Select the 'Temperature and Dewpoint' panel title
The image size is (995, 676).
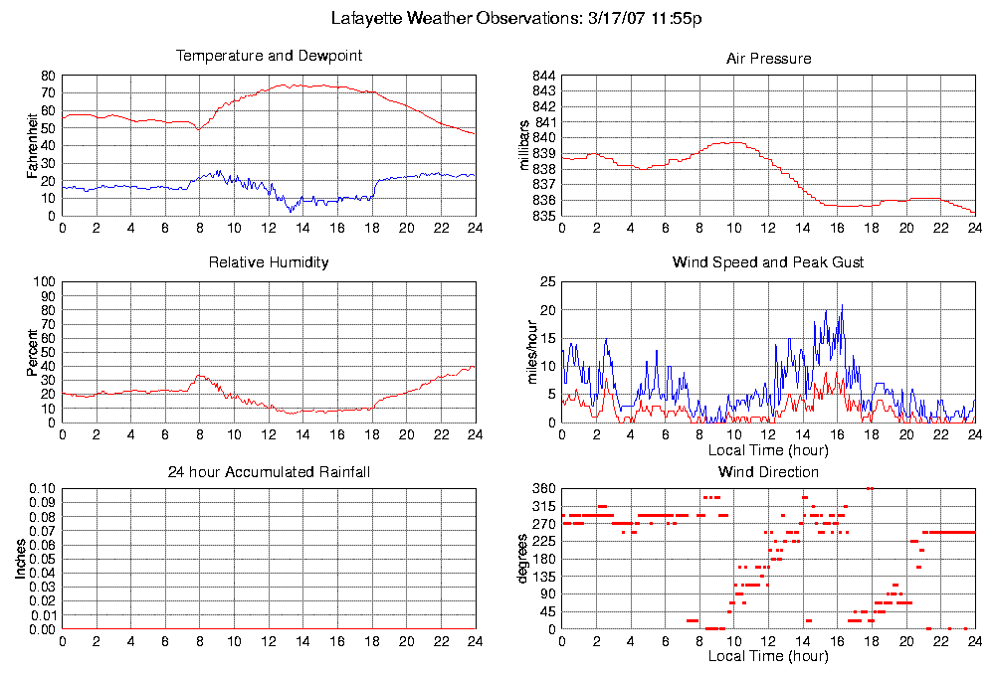[269, 56]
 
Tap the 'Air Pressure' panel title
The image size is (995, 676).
[768, 59]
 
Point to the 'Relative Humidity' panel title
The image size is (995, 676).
[269, 262]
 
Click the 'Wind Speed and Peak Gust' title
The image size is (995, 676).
[768, 262]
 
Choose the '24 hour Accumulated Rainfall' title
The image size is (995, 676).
[269, 471]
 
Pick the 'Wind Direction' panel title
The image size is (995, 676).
[768, 471]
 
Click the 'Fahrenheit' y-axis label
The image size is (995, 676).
[33, 144]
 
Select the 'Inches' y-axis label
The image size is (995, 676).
[21, 559]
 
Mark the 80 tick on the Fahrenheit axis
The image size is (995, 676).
[47, 76]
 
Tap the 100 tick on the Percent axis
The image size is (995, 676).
[43, 282]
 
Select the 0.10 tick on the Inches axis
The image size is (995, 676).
[40, 489]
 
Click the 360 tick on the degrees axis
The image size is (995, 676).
[541, 489]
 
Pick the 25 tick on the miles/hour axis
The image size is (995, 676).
[546, 282]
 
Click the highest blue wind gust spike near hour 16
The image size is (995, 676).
[842, 306]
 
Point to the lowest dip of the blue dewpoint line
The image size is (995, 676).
[291, 211]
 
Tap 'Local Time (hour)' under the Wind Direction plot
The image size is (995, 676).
[768, 656]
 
